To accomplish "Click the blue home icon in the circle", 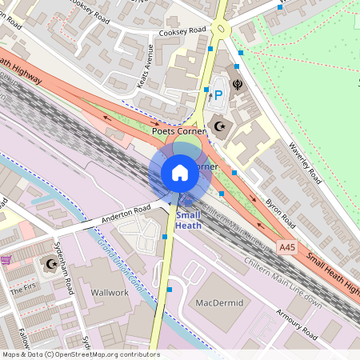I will click(180, 173).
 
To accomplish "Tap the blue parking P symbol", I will click(218, 96).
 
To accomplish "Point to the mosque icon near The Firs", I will click(53, 264).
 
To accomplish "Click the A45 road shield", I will click(289, 250).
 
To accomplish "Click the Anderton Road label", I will click(126, 213).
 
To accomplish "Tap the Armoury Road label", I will click(298, 322).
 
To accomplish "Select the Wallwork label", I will click(110, 293).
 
